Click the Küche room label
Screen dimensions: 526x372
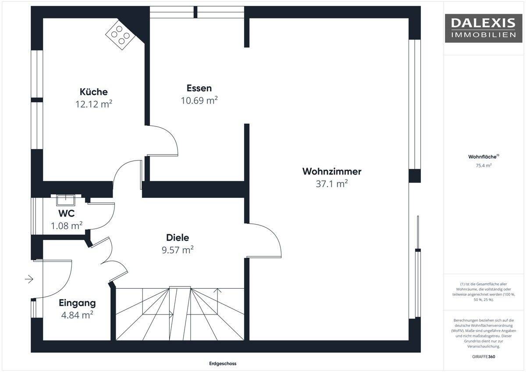(94, 92)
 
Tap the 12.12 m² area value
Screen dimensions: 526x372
(94, 104)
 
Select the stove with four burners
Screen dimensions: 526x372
(121, 35)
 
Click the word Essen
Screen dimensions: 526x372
(199, 88)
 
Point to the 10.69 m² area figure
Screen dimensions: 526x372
(199, 100)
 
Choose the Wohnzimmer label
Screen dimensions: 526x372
(331, 172)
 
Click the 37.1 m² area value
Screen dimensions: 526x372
(331, 183)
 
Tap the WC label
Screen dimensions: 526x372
(67, 213)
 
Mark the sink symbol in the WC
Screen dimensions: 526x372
(65, 200)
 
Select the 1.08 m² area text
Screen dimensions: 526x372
(67, 225)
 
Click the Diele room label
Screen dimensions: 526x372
(178, 238)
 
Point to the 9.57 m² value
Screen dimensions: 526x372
(178, 250)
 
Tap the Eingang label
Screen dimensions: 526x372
(77, 303)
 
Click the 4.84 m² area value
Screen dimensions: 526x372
(77, 315)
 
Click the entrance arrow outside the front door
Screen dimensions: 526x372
(29, 279)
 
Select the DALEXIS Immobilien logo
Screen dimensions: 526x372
(483, 29)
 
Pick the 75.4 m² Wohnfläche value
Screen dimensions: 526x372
(483, 165)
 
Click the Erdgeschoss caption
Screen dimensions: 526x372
(223, 364)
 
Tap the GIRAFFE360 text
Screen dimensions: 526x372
(483, 357)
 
